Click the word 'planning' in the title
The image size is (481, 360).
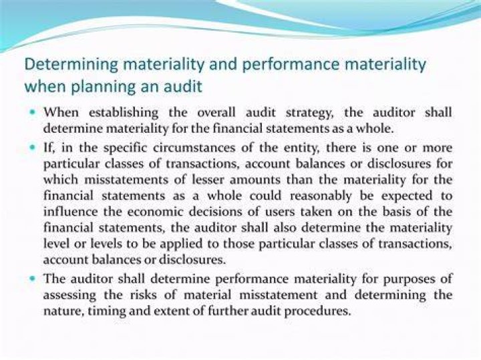pyautogui.click(x=103, y=87)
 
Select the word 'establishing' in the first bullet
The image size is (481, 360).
pyautogui.click(x=124, y=113)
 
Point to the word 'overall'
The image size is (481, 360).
pyautogui.click(x=216, y=112)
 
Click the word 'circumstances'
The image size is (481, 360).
pyautogui.click(x=195, y=148)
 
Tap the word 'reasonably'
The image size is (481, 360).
pyautogui.click(x=321, y=196)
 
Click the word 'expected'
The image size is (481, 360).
pyautogui.click(x=407, y=196)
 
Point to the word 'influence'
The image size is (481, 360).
pyautogui.click(x=71, y=212)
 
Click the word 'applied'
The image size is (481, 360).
pyautogui.click(x=181, y=244)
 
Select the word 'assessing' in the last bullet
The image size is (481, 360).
pyautogui.click(x=69, y=296)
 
